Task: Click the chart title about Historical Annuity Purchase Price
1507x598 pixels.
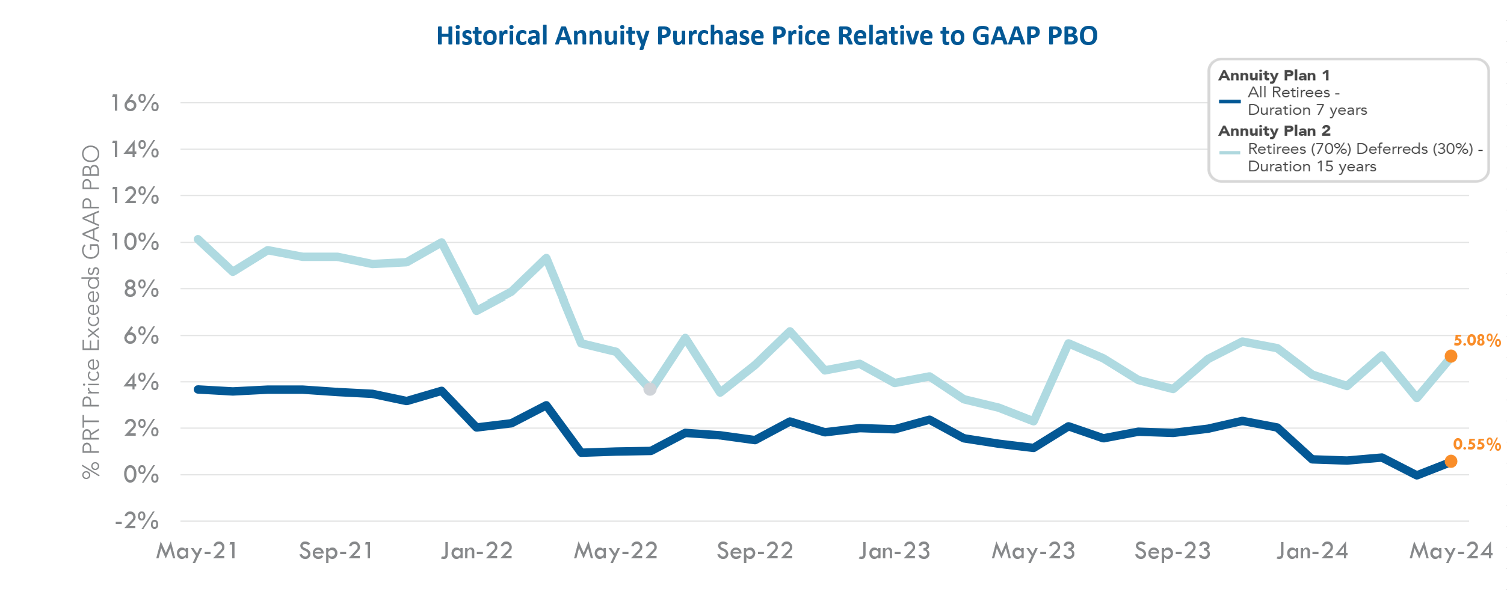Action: (x=766, y=36)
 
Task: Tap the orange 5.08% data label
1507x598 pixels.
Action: (x=1477, y=341)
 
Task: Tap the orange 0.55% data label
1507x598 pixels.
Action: (x=1476, y=445)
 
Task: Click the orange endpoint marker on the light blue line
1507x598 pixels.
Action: (x=1450, y=356)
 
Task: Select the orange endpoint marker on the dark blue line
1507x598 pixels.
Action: (x=1450, y=462)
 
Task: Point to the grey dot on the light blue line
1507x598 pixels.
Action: (x=650, y=389)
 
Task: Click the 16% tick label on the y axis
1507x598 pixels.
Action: (x=135, y=103)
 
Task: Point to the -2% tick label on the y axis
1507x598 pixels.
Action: (x=137, y=520)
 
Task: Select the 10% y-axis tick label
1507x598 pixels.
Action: (x=135, y=242)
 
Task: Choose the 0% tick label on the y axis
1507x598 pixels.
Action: (x=141, y=475)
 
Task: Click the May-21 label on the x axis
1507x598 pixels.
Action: (x=197, y=551)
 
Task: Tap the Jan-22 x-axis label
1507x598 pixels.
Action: (x=476, y=551)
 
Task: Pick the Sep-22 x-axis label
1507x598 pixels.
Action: (x=755, y=551)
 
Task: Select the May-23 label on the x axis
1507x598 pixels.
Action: (x=1034, y=551)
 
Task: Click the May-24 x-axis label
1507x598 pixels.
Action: (x=1451, y=551)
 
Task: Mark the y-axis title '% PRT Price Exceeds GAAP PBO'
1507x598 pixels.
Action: (x=91, y=312)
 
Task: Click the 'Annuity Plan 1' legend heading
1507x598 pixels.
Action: (x=1274, y=76)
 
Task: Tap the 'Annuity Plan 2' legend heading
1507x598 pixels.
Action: (x=1274, y=131)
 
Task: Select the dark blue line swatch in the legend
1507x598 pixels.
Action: (x=1230, y=102)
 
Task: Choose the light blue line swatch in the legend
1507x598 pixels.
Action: (x=1230, y=153)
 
